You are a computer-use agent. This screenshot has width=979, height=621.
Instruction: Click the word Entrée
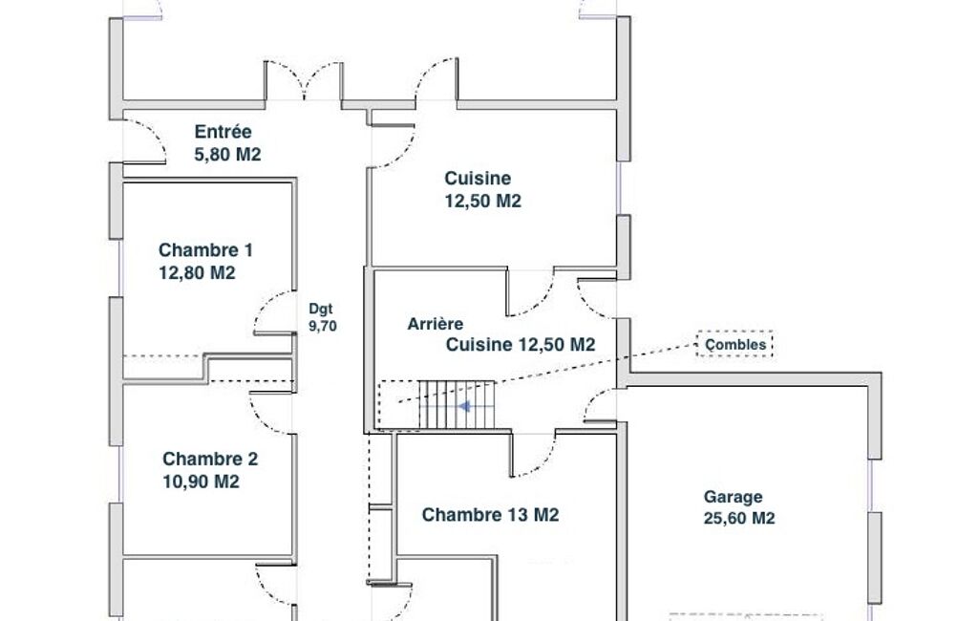pyautogui.click(x=223, y=132)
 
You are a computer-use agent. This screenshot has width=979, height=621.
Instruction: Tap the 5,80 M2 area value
pyautogui.click(x=227, y=155)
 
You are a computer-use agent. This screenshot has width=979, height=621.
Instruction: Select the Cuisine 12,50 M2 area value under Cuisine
pyautogui.click(x=482, y=202)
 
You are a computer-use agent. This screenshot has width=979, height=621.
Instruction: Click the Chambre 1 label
pyautogui.click(x=205, y=250)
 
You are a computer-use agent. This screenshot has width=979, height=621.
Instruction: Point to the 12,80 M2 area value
pyautogui.click(x=197, y=273)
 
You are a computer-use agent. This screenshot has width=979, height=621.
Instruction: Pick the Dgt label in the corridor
pyautogui.click(x=321, y=309)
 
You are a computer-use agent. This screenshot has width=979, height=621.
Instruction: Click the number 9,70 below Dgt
pyautogui.click(x=323, y=326)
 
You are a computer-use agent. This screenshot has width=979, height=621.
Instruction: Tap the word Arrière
pyautogui.click(x=436, y=324)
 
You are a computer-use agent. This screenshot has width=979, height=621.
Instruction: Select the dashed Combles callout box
pyautogui.click(x=734, y=344)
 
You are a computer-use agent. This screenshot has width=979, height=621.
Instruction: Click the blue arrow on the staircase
pyautogui.click(x=464, y=407)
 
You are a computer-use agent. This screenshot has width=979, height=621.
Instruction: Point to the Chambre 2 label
pyautogui.click(x=210, y=459)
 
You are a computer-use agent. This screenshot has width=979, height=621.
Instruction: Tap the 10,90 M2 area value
pyautogui.click(x=201, y=482)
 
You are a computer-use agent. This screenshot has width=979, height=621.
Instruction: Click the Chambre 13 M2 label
pyautogui.click(x=490, y=515)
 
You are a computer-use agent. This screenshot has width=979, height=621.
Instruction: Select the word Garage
pyautogui.click(x=733, y=497)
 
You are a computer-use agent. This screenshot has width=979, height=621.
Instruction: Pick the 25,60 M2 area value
pyautogui.click(x=739, y=519)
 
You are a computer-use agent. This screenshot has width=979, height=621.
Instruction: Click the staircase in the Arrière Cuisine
pyautogui.click(x=456, y=405)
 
